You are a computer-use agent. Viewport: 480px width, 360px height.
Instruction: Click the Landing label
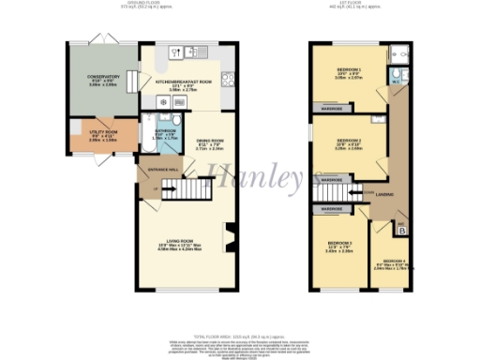pyautogui.click(x=384, y=194)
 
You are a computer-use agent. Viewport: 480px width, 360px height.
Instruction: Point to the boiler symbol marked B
pyautogui.click(x=402, y=228)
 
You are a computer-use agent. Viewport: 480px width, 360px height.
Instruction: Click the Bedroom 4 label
pyautogui.click(x=395, y=262)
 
